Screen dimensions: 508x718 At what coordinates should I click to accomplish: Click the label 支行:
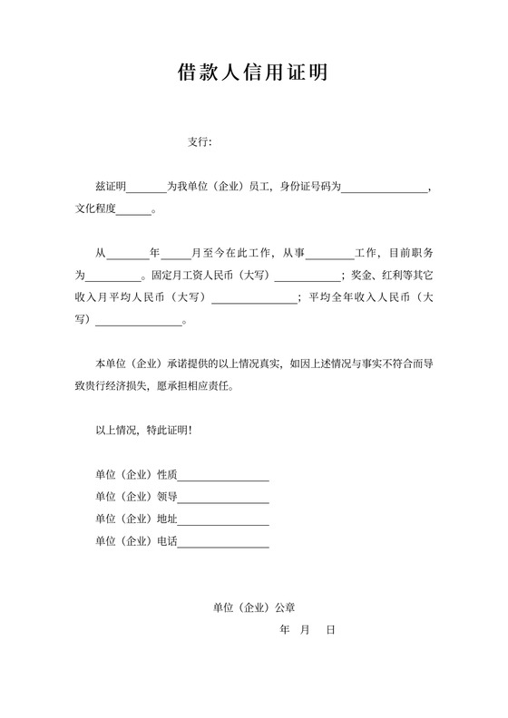pyautogui.click(x=200, y=141)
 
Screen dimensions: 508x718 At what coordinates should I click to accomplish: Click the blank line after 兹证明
pyautogui.click(x=146, y=188)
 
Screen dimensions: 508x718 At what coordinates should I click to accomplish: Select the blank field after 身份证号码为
pyautogui.click(x=384, y=188)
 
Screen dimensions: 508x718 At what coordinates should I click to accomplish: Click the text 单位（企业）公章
pyautogui.click(x=248, y=607)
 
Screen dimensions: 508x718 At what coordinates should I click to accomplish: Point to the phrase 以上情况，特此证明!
pyautogui.click(x=143, y=431)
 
